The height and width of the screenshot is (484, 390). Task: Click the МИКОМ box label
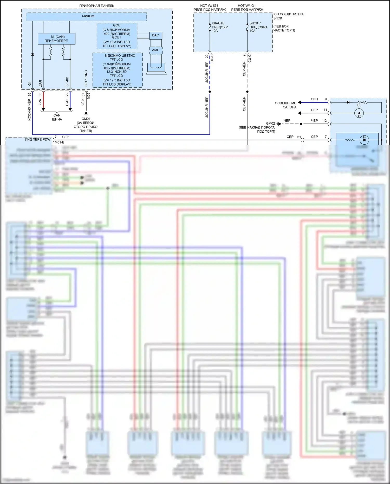point(88,16)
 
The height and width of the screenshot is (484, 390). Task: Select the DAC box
point(155,35)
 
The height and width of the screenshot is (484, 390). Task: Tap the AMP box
point(156,50)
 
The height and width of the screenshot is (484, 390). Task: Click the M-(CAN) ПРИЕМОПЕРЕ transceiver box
point(56,39)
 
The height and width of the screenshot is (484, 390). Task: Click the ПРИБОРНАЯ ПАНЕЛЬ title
point(97,6)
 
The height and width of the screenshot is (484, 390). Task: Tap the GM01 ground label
point(86,119)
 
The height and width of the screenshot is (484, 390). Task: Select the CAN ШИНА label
point(57,117)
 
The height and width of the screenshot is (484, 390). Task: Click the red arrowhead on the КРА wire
point(43,109)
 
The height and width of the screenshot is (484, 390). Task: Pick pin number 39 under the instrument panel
point(30,94)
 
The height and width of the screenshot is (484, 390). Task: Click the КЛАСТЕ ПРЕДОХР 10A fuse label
point(220,27)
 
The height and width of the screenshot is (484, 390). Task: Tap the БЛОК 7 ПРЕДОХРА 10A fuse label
point(258,27)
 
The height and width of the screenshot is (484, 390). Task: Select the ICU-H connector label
point(212,59)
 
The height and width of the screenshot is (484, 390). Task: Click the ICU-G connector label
point(250,59)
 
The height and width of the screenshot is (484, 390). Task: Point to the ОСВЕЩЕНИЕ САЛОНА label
point(285,105)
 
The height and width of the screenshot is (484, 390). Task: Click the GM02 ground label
point(270,124)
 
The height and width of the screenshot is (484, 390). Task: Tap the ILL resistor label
point(359,105)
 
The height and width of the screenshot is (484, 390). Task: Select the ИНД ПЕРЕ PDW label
point(38,139)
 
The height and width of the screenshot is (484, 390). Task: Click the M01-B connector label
point(60,142)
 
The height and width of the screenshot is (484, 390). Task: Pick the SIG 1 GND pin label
point(86,78)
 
